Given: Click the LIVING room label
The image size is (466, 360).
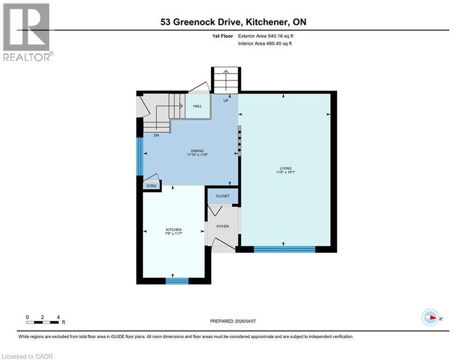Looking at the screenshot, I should [285, 168].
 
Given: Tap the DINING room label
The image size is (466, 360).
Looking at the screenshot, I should [190, 150].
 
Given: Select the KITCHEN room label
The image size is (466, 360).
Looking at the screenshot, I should [173, 229].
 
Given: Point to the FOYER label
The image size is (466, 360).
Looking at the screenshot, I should [222, 226].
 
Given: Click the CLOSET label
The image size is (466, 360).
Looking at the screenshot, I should [222, 196].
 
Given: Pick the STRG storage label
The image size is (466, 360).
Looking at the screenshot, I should [151, 186].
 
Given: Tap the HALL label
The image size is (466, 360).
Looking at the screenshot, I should [198, 106].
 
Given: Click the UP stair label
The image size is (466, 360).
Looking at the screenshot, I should [226, 100].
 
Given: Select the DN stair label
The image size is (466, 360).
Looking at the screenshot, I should [156, 135].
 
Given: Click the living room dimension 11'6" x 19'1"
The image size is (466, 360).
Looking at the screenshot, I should [285, 172].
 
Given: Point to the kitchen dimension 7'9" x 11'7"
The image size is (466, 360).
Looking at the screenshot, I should [173, 233].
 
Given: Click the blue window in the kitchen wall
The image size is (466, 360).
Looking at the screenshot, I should [177, 281].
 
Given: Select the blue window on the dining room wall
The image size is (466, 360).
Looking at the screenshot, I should [140, 156].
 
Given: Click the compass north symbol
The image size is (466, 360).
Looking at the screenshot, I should [430, 318].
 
